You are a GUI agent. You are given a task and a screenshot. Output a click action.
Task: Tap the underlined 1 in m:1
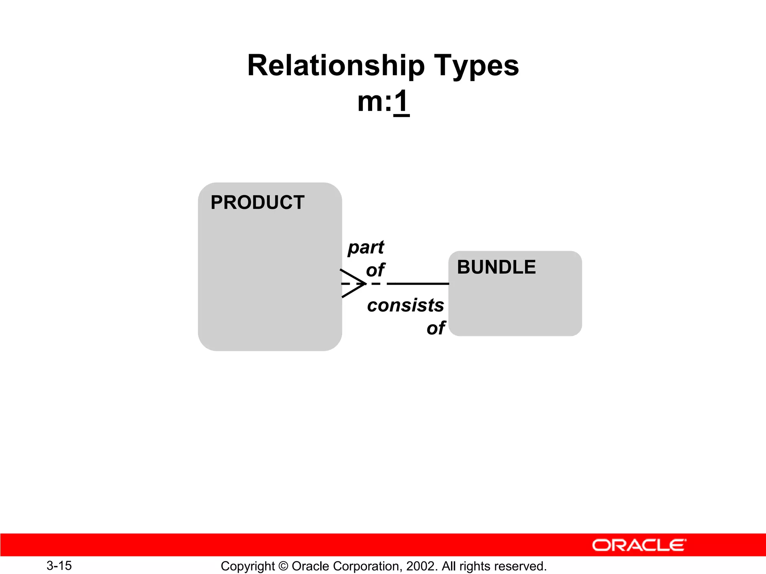point(401,102)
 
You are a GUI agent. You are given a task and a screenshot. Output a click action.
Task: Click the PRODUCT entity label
point(257,203)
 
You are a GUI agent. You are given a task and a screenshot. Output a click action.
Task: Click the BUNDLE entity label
point(496,267)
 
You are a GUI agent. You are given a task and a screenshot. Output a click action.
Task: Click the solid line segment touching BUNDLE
point(418,284)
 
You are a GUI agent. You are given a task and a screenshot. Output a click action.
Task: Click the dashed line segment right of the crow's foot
point(376,284)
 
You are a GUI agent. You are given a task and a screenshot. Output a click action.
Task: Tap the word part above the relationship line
point(366,247)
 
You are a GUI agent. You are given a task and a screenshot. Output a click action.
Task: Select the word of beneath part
point(375,270)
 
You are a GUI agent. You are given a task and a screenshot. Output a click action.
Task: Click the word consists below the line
point(405,305)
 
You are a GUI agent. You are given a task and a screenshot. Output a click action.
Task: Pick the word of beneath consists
point(436,328)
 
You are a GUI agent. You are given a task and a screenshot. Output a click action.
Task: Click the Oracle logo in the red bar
point(639,545)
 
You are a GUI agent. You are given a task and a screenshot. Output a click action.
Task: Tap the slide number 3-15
point(59,566)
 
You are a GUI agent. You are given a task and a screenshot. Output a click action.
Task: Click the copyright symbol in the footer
point(284,566)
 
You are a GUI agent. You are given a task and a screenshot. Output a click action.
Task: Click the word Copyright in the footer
point(248,566)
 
